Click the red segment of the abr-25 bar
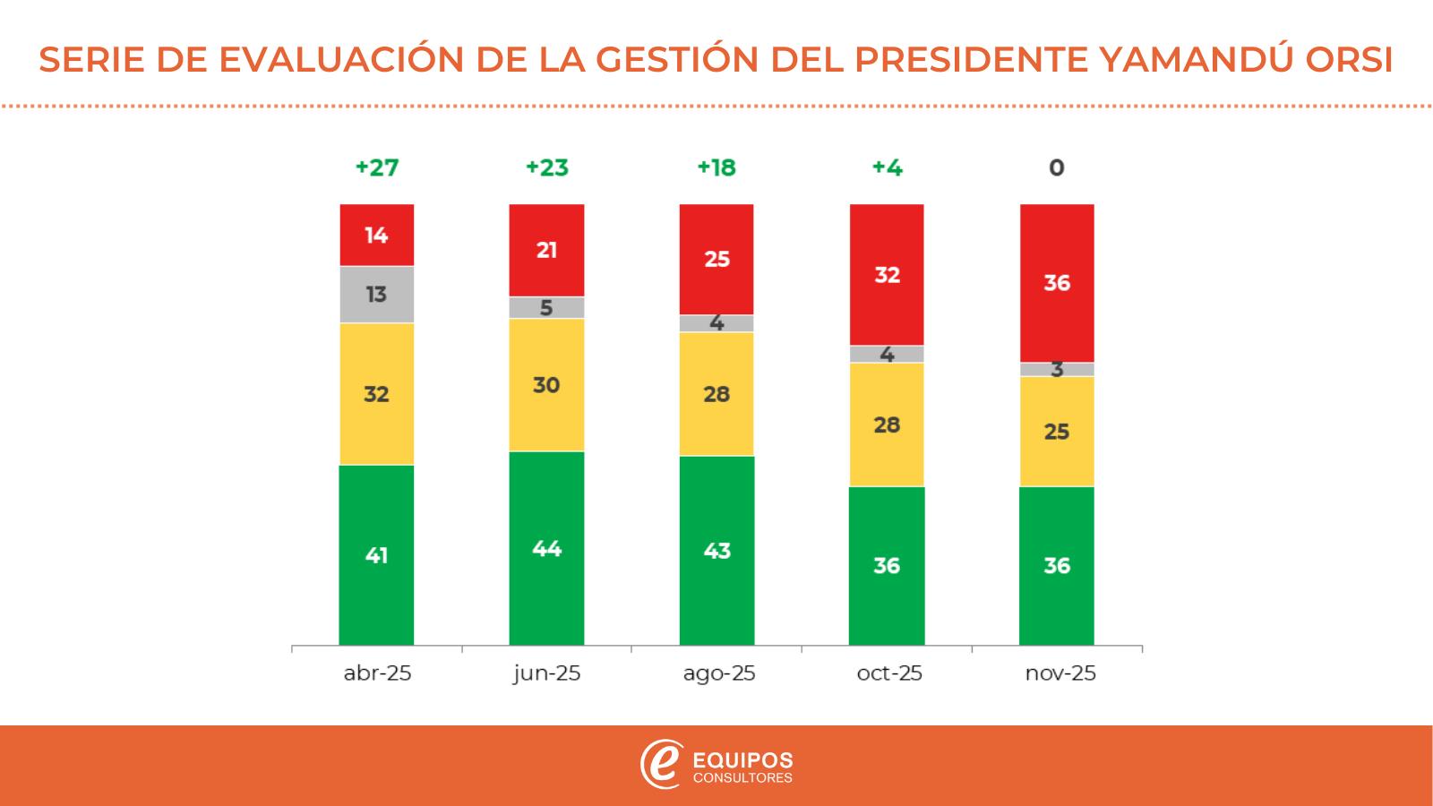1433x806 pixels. coord(376,235)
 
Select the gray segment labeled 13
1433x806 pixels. coord(376,294)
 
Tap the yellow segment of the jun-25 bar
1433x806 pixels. coord(546,384)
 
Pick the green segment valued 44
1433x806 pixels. coord(546,548)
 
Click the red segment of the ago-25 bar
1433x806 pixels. coord(716,259)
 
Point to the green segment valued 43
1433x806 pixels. coord(716,551)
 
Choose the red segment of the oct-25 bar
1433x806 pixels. coord(887,274)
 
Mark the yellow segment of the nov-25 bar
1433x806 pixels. coord(1057,431)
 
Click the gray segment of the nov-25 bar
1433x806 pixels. coord(1057,369)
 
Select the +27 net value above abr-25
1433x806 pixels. coord(376,167)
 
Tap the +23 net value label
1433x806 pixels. coord(546,167)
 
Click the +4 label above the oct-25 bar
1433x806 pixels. coord(887,167)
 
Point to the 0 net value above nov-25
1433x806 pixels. coord(1057,167)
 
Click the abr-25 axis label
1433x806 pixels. coord(377,673)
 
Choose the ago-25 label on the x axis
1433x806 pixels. coord(718,673)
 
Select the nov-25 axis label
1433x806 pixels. coord(1060,673)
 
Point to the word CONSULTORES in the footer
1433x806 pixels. coord(743,778)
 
